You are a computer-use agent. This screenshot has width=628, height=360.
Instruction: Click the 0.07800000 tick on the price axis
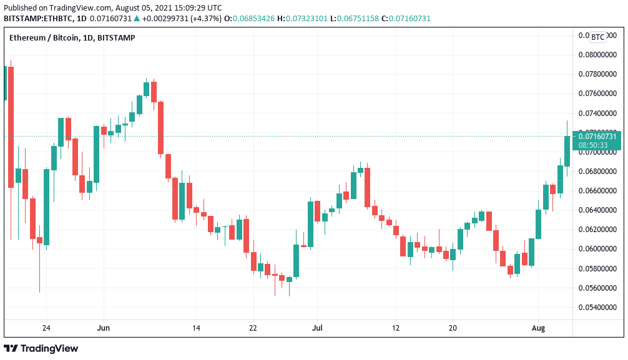pyautogui.click(x=598, y=74)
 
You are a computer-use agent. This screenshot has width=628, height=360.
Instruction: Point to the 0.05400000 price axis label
pyautogui.click(x=598, y=308)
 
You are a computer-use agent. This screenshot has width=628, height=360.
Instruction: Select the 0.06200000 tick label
pyautogui.click(x=598, y=230)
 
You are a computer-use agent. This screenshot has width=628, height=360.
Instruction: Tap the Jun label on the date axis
pyautogui.click(x=104, y=328)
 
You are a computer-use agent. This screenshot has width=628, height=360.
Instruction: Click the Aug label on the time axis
pyautogui.click(x=538, y=328)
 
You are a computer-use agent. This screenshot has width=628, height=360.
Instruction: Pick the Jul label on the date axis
pyautogui.click(x=317, y=328)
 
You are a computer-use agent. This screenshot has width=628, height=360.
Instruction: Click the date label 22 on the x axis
pyautogui.click(x=253, y=328)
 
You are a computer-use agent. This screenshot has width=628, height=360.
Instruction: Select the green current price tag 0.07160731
pyautogui.click(x=598, y=136)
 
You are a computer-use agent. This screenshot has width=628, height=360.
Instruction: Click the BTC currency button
pyautogui.click(x=597, y=37)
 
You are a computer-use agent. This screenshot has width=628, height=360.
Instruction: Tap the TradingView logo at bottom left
pyautogui.click(x=41, y=348)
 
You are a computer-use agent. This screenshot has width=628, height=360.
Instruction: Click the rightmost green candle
pyautogui.click(x=567, y=151)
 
